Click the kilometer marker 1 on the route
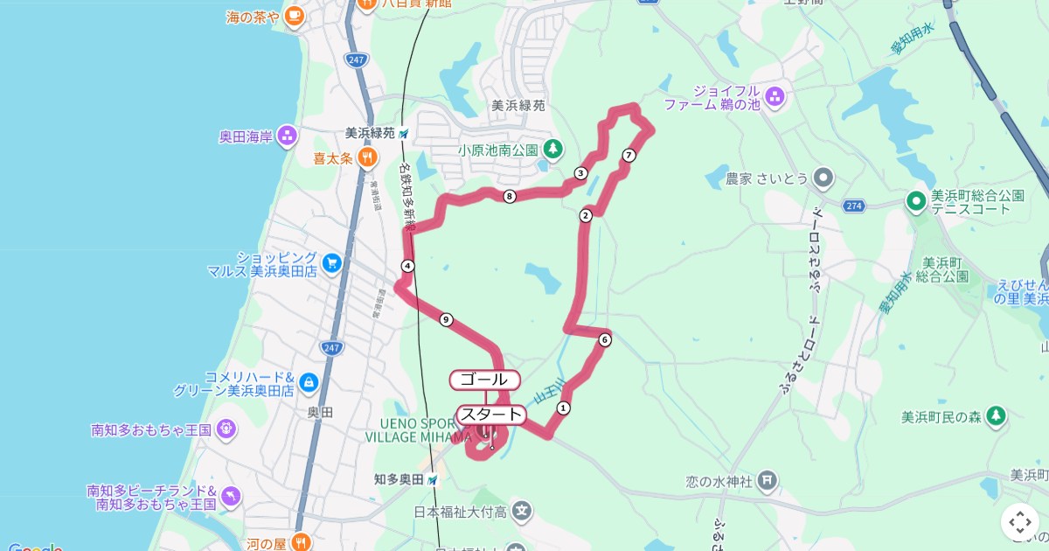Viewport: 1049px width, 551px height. pos(564,408)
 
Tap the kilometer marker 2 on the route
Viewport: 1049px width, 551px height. pos(586,215)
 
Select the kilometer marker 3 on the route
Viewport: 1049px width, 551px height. pos(580,173)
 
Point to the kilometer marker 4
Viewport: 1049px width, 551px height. pos(407,266)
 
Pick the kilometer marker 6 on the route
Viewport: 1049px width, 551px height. pos(604,339)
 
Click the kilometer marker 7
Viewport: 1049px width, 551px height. pos(629,156)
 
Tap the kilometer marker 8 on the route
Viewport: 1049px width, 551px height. pos(509,197)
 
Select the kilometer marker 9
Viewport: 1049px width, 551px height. pos(447,319)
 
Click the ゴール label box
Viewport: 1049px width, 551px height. pos(485,380)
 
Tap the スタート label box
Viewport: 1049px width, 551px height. pos(491,415)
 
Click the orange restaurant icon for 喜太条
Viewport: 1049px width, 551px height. pos(368,158)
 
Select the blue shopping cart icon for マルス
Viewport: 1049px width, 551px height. pos(331,262)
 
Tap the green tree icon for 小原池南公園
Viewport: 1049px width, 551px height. pos(552,150)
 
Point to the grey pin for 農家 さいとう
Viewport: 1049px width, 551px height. pos(823,178)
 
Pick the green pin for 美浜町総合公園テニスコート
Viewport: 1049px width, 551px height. pos(916,202)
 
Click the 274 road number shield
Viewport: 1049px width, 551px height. pos(855,206)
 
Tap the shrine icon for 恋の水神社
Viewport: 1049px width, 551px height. pos(767,479)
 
